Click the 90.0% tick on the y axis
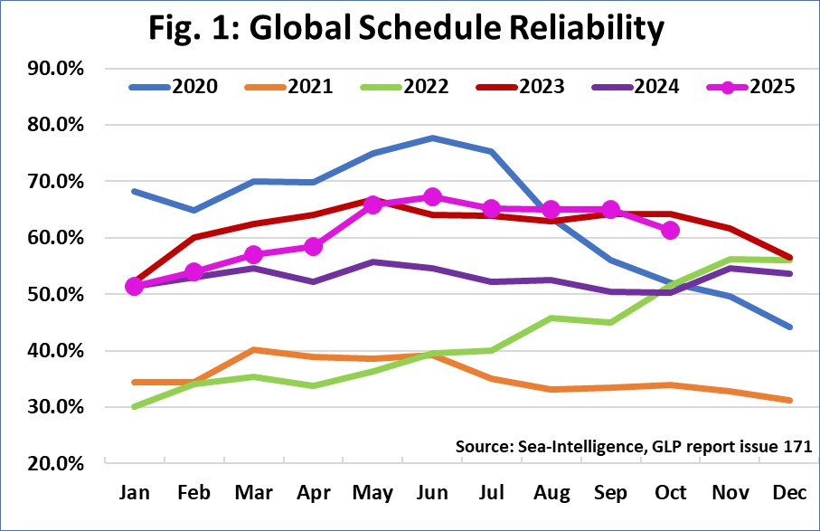56,69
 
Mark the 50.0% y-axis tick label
56,295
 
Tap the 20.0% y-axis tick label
56,464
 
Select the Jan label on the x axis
135,493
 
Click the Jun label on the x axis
432,493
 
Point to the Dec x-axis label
788,493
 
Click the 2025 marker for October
670,231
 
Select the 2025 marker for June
432,197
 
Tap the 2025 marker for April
314,246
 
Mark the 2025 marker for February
194,272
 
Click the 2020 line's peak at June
432,137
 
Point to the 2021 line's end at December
788,400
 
